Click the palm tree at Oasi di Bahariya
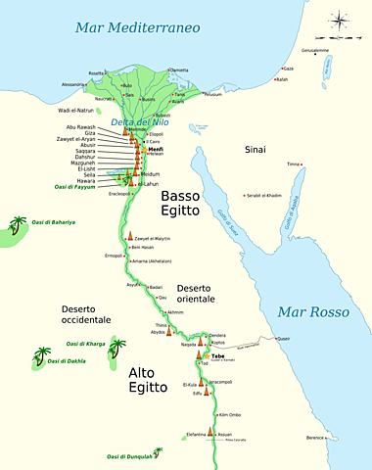(x=19, y=225)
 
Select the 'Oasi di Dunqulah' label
(x=130, y=456)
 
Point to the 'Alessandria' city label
(x=74, y=85)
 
